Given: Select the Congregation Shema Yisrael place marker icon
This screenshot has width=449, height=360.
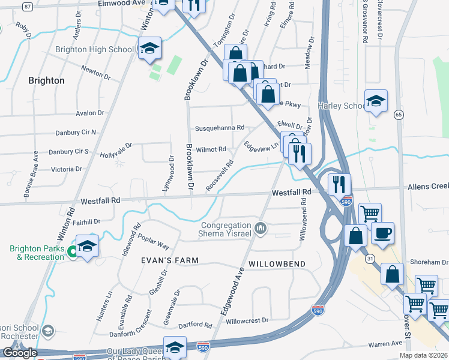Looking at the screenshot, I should [261, 228].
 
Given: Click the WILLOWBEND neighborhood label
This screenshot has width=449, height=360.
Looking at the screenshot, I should [277, 264].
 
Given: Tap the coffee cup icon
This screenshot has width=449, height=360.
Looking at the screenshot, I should [382, 232].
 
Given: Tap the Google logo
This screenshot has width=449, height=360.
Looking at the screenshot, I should [20, 353].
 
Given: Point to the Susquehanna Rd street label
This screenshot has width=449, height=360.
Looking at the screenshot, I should [220, 128].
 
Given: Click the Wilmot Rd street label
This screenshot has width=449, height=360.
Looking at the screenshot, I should [214, 149].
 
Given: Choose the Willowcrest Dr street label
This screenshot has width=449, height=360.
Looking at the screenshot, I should [247, 320].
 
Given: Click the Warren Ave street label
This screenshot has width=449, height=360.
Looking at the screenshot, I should [385, 344].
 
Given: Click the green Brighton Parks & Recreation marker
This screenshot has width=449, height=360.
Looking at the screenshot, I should [72, 251].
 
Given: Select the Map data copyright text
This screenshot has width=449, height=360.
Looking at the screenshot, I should [424, 355].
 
